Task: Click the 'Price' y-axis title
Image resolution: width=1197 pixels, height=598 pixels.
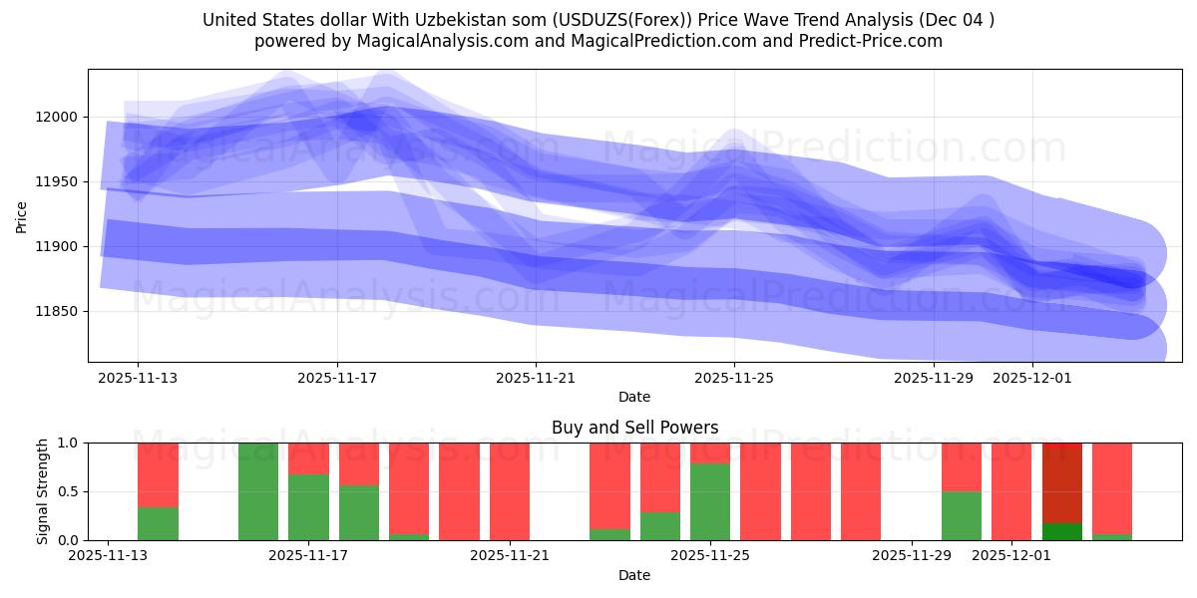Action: coord(21,215)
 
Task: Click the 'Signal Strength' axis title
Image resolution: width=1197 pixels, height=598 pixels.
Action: coord(43,491)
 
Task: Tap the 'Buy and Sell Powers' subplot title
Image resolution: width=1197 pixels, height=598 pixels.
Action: coord(634,428)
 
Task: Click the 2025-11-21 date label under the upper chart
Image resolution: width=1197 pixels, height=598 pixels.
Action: coord(536,378)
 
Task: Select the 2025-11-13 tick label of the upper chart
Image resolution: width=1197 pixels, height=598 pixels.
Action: coord(138,378)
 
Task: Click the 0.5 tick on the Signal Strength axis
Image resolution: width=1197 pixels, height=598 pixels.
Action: coord(70,491)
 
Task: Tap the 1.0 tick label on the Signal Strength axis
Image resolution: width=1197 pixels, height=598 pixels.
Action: coord(70,443)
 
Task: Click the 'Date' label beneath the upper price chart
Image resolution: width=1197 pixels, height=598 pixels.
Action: coord(634,397)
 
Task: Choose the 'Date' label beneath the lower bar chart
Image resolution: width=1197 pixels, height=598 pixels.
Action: coord(634,575)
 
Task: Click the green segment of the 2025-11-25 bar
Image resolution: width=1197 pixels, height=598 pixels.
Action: coord(710,501)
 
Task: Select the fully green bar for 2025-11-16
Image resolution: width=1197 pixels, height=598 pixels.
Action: coord(258,491)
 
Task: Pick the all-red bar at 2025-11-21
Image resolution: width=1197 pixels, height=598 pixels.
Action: coord(510,491)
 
